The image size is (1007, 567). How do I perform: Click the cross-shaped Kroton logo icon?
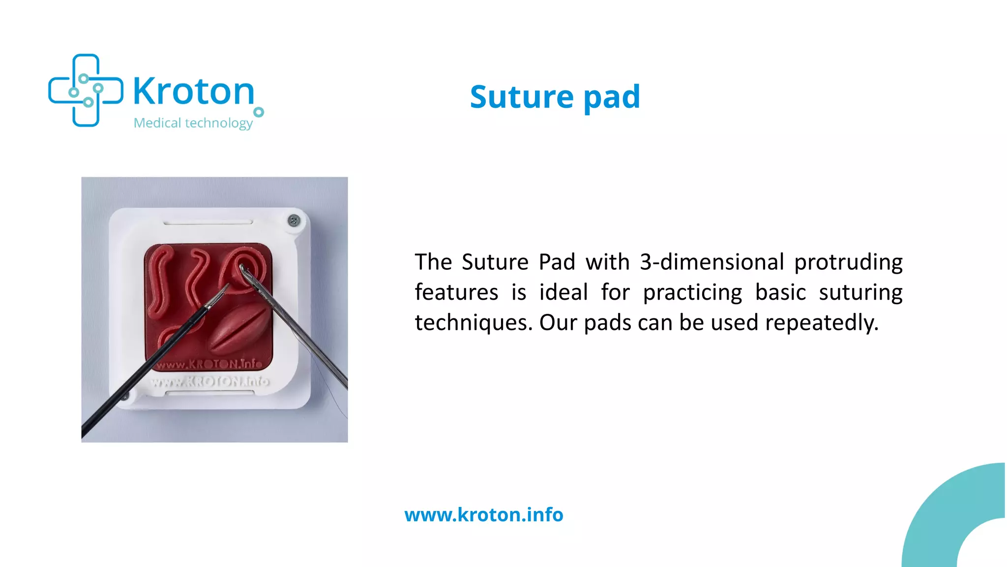click(86, 91)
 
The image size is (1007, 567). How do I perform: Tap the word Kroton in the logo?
click(194, 92)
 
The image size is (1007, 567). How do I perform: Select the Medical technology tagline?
click(193, 123)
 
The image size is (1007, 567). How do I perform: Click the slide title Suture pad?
click(555, 96)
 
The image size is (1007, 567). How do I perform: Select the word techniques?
click(474, 323)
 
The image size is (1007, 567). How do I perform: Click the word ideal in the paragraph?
click(563, 292)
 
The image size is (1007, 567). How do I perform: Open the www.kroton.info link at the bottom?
click(484, 515)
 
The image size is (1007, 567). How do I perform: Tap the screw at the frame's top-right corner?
click(294, 220)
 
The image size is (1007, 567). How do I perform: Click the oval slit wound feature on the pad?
click(240, 329)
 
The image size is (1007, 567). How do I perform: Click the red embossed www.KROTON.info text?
click(209, 364)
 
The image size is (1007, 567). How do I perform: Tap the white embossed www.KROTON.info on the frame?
click(210, 382)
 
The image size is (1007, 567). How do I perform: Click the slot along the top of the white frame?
click(208, 222)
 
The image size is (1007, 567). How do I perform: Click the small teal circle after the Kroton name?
click(259, 112)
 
